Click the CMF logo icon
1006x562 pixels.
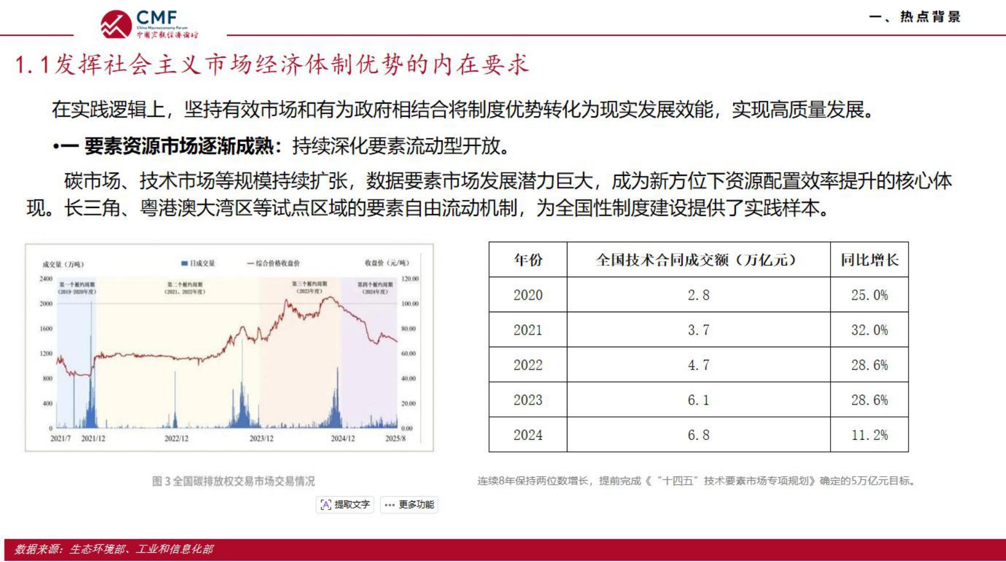(116, 24)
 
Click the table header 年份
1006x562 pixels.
(527, 260)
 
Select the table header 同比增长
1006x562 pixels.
(869, 260)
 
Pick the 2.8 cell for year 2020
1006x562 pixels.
(698, 295)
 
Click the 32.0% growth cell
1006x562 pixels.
(869, 330)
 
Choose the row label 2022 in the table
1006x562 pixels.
(527, 365)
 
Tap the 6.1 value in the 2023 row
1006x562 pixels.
(698, 400)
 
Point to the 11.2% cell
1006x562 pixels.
(869, 435)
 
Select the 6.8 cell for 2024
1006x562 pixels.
(698, 435)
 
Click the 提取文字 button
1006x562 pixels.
(345, 505)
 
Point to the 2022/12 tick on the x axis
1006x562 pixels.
(177, 438)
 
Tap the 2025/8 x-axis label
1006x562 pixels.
(395, 438)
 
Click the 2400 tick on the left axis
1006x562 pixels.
(46, 279)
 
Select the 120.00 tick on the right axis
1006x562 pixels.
(410, 279)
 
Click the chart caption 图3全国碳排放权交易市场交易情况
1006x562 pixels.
(233, 481)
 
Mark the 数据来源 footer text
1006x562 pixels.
(113, 549)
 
